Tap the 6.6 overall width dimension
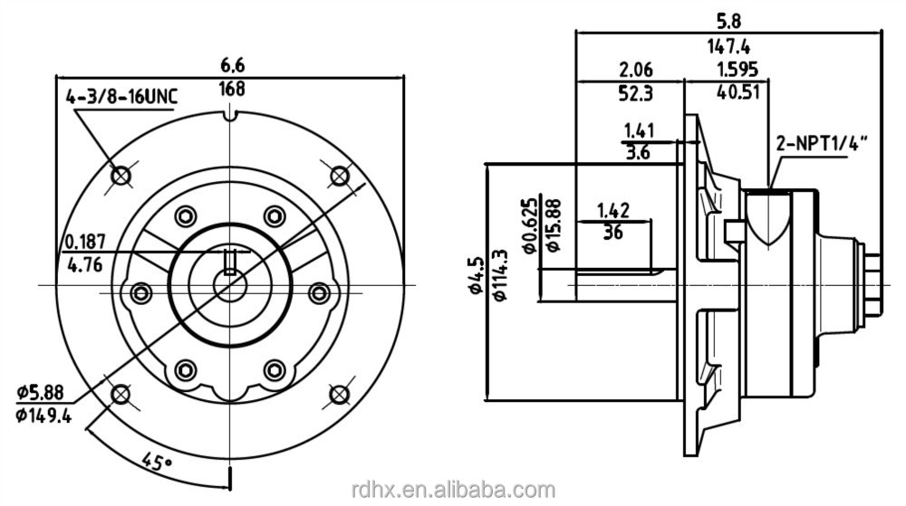click(233, 65)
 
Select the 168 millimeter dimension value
click(233, 89)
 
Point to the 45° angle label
click(156, 463)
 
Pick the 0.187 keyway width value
click(86, 242)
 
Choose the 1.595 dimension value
click(737, 70)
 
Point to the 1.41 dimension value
click(639, 131)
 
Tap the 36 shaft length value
click(612, 232)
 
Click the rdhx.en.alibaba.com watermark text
click(452, 490)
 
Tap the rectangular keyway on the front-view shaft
click(231, 261)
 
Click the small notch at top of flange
click(231, 114)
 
